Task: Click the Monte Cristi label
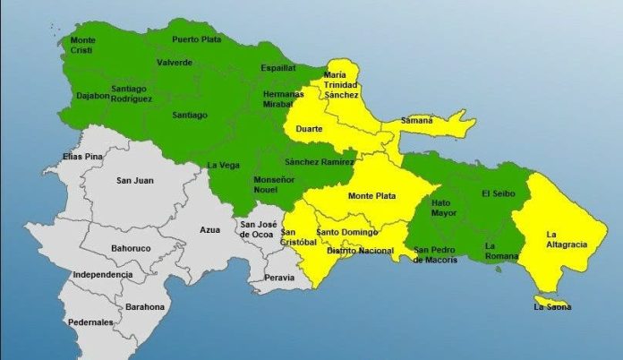pos(82,45)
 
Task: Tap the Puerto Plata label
pos(196,39)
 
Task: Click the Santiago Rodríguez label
pos(132,93)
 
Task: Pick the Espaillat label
pos(277,67)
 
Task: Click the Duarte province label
pos(309,129)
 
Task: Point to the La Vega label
pos(222,165)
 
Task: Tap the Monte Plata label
pos(372,195)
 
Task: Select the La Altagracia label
pos(562,239)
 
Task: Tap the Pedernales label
pos(90,321)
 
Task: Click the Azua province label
pos(209,230)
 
